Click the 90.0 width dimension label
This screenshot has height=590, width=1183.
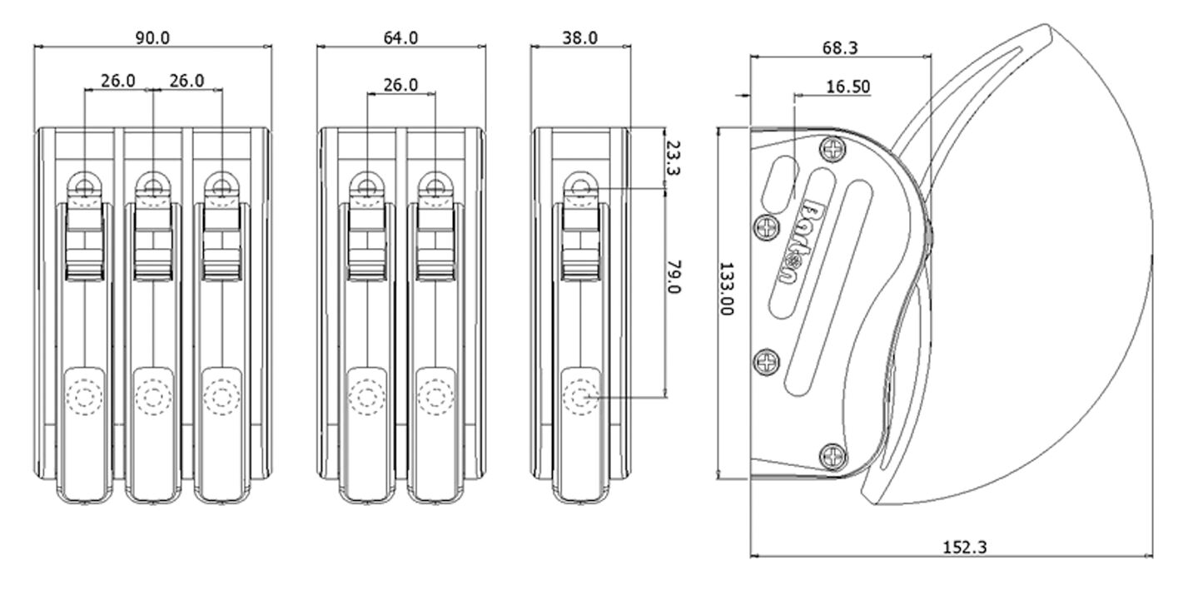click(152, 38)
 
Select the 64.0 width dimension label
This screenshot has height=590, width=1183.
click(400, 38)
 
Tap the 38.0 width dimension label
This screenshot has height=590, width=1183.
click(580, 38)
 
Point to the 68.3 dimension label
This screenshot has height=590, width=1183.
click(840, 48)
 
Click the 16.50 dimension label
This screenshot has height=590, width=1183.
click(848, 87)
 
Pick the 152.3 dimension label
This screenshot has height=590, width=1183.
click(965, 548)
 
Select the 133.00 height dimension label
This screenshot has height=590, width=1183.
click(728, 289)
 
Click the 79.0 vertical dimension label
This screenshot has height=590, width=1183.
click(674, 276)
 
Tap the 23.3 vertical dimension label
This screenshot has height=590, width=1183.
click(674, 157)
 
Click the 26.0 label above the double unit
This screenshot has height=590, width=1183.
click(400, 85)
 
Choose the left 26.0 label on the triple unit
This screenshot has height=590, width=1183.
click(118, 81)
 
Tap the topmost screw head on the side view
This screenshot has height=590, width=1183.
click(833, 149)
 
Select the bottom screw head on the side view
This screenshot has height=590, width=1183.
click(833, 456)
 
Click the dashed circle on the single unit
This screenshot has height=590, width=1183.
click(581, 397)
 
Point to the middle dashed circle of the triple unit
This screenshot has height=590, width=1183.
click(153, 397)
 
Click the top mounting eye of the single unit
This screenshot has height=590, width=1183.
click(581, 186)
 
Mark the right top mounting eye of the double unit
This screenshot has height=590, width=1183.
click(435, 186)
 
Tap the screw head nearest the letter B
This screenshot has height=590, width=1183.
click(766, 228)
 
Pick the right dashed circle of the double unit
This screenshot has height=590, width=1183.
click(435, 397)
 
